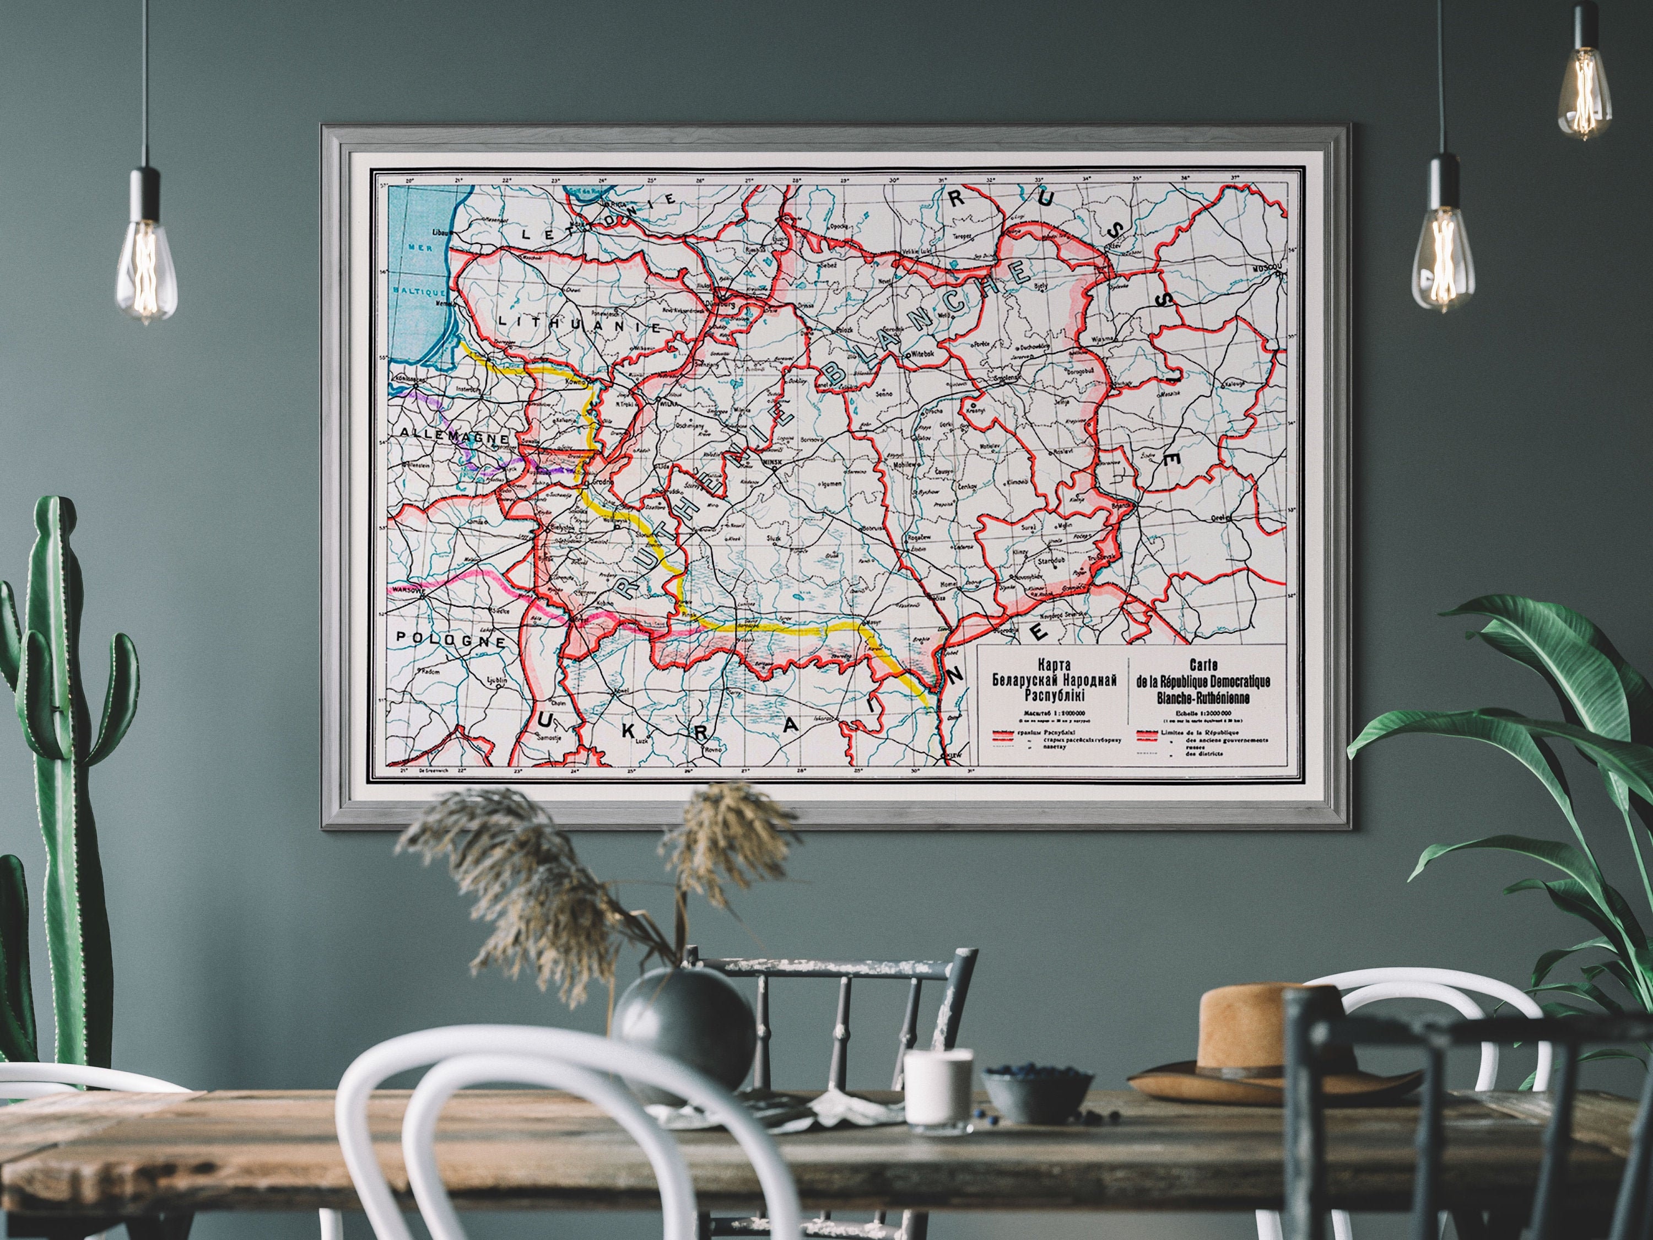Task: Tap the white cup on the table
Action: pyautogui.click(x=938, y=1089)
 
